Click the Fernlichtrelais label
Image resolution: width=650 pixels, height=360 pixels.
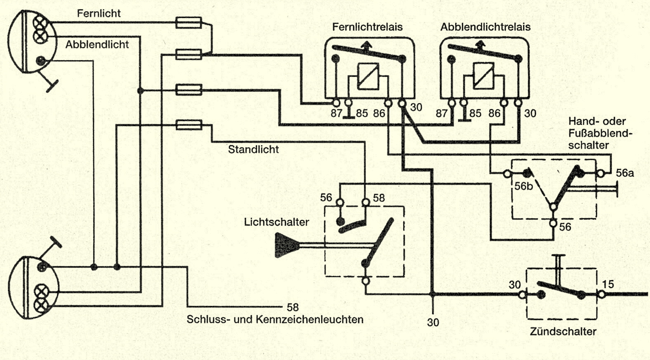coord(367,27)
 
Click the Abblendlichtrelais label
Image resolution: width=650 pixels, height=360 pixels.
coord(485,27)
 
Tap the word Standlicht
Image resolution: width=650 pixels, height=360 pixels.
coord(253,149)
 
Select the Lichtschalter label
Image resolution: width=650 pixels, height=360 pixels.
coord(276,222)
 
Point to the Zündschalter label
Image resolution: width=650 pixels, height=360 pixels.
coord(563,331)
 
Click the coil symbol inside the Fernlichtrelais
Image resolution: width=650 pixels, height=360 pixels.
coord(368,76)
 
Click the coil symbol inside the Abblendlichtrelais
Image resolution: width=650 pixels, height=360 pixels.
coord(483,76)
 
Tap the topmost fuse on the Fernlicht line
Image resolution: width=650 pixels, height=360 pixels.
coord(189,23)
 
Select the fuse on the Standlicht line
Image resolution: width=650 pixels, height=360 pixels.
coord(189,125)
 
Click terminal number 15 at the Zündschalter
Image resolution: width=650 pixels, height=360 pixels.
coord(608,284)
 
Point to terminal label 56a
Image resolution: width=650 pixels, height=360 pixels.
coord(625,173)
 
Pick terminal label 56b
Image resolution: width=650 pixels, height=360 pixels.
coord(523,186)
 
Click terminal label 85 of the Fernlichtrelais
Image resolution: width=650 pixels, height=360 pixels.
coord(362,113)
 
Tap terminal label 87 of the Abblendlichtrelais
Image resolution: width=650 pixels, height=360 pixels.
coord(441,113)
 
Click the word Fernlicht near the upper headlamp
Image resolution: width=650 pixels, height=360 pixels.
coord(99,13)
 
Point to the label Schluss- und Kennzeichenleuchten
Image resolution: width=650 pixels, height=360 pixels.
coord(275,319)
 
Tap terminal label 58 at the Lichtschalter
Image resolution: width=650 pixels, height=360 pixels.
coord(379,198)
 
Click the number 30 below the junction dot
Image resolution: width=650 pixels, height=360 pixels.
coord(433,322)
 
